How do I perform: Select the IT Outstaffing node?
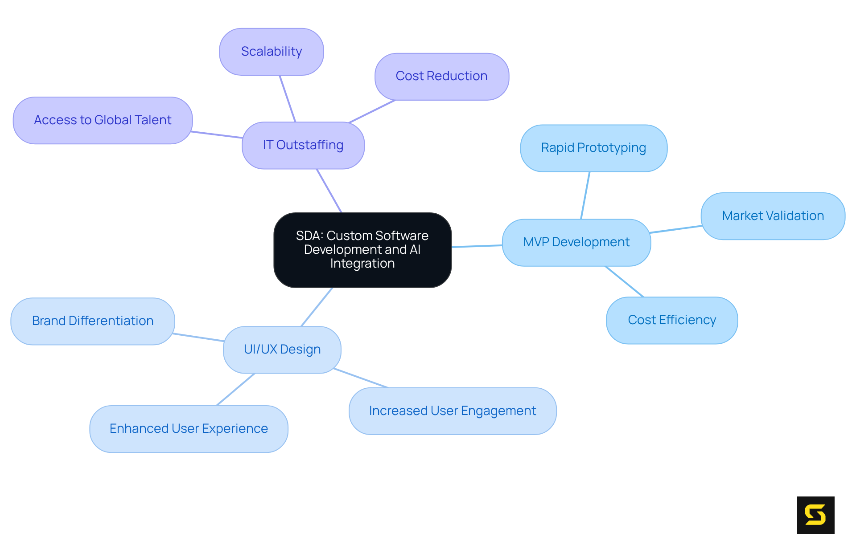coord(303,145)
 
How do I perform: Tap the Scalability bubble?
coord(271,52)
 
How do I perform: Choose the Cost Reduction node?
coord(441,76)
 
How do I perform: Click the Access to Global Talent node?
coord(103,120)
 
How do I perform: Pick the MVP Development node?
coord(576,242)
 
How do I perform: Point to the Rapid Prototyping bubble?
coord(593,148)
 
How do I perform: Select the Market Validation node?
coord(773,216)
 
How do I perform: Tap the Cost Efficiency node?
coord(671,320)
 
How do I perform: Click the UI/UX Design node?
coord(282,350)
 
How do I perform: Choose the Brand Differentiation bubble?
coord(92,321)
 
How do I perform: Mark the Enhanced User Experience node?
coord(189,429)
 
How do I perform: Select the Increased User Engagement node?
coord(452,411)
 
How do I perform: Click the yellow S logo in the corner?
coord(815,515)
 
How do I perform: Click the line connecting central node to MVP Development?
coord(477,246)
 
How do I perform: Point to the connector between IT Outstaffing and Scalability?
coord(287,98)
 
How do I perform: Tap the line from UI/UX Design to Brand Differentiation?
coord(198,337)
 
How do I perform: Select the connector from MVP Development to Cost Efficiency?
coord(624,281)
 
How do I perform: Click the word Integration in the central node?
coord(362,264)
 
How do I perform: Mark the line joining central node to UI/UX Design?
coord(317,307)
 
